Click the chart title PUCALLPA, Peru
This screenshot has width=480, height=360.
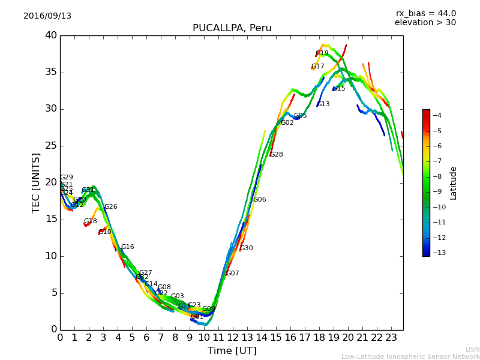[232, 28]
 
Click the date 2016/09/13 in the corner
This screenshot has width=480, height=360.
[47, 16]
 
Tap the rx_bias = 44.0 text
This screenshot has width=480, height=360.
[425, 14]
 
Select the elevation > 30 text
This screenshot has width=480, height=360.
[425, 23]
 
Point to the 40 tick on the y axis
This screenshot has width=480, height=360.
[50, 35]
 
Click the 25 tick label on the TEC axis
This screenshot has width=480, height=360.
[50, 146]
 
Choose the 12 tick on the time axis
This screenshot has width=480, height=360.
[233, 338]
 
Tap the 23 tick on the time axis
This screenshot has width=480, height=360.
[391, 338]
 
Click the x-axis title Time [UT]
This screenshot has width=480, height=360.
[232, 351]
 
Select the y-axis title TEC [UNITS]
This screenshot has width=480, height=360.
[37, 182]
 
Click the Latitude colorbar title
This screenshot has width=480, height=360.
[454, 182]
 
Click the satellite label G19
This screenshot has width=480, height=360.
[322, 53]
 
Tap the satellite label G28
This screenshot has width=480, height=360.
[276, 155]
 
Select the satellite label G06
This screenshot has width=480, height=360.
[259, 200]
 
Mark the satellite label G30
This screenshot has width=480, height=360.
[246, 248]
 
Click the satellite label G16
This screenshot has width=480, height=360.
[127, 247]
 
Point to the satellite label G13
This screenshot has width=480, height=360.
[323, 104]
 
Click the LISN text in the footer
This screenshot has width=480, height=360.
[472, 349]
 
